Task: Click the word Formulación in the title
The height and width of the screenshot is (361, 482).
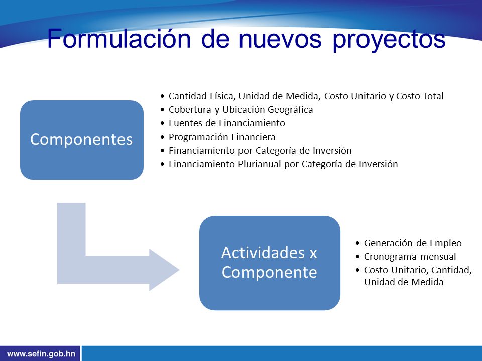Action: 119,39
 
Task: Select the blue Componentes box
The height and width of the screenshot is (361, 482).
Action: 82,140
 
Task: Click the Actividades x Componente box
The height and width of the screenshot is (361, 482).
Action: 270,263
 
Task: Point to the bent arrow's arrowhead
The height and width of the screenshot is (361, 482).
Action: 164,270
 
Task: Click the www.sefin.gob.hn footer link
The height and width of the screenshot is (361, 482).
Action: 41,353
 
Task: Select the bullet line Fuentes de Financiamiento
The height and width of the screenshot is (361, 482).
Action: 227,123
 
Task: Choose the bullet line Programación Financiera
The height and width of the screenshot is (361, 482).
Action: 222,137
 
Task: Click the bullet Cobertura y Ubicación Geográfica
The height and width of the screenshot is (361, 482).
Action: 240,110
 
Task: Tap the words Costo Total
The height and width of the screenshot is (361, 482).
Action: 420,96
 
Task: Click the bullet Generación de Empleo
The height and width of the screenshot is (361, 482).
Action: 413,243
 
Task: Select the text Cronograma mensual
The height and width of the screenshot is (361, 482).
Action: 410,257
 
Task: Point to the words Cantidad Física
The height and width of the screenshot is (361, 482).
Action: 202,96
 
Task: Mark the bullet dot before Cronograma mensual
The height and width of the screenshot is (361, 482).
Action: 357,257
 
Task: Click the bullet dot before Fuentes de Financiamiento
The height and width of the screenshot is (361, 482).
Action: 162,123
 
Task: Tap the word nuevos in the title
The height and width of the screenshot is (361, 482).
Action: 280,39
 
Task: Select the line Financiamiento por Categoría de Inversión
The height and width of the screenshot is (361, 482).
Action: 260,151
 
